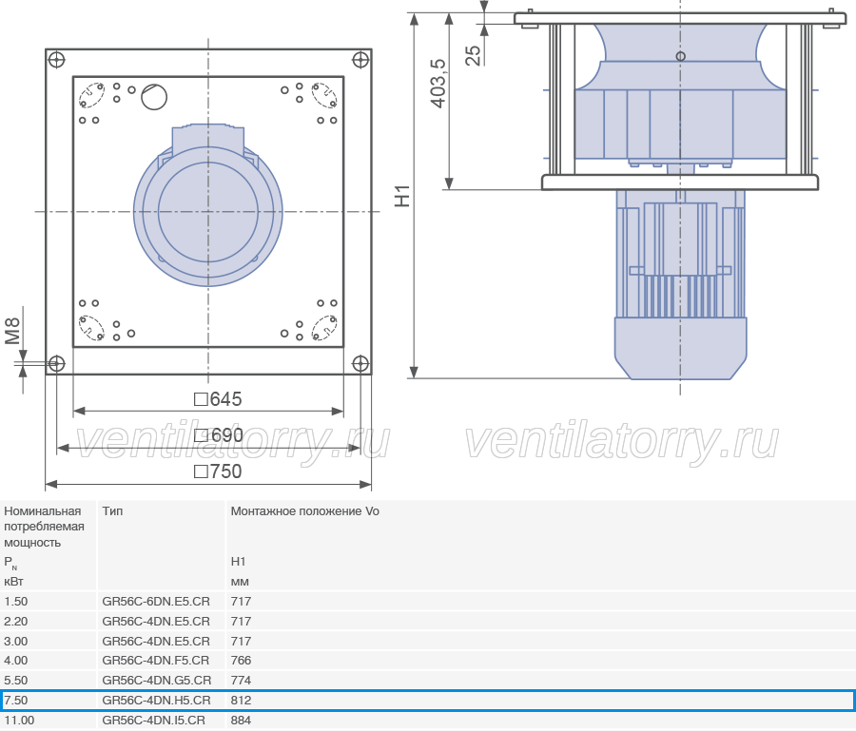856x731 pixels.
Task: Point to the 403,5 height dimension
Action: (x=438, y=84)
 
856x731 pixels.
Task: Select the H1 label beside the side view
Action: (x=401, y=196)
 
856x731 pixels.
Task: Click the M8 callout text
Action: (x=12, y=331)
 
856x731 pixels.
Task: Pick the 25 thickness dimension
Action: (x=474, y=56)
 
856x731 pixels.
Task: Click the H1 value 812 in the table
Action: (x=241, y=700)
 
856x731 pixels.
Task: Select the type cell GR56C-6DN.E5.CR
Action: (x=156, y=601)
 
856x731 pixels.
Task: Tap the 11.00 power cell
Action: (x=19, y=721)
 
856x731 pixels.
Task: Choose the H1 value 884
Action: (x=241, y=721)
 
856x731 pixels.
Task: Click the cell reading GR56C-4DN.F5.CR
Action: (x=156, y=660)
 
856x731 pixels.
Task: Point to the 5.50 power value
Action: (x=16, y=681)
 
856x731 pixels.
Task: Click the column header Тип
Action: (x=112, y=511)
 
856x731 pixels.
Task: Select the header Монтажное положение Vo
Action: (x=304, y=511)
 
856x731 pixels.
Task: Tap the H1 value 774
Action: (x=241, y=681)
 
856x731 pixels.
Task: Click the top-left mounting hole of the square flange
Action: (x=57, y=60)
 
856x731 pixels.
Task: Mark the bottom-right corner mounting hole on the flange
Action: (x=360, y=363)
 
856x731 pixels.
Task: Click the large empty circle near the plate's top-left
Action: (x=154, y=97)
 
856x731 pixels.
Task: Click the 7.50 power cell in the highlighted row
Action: (x=16, y=700)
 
